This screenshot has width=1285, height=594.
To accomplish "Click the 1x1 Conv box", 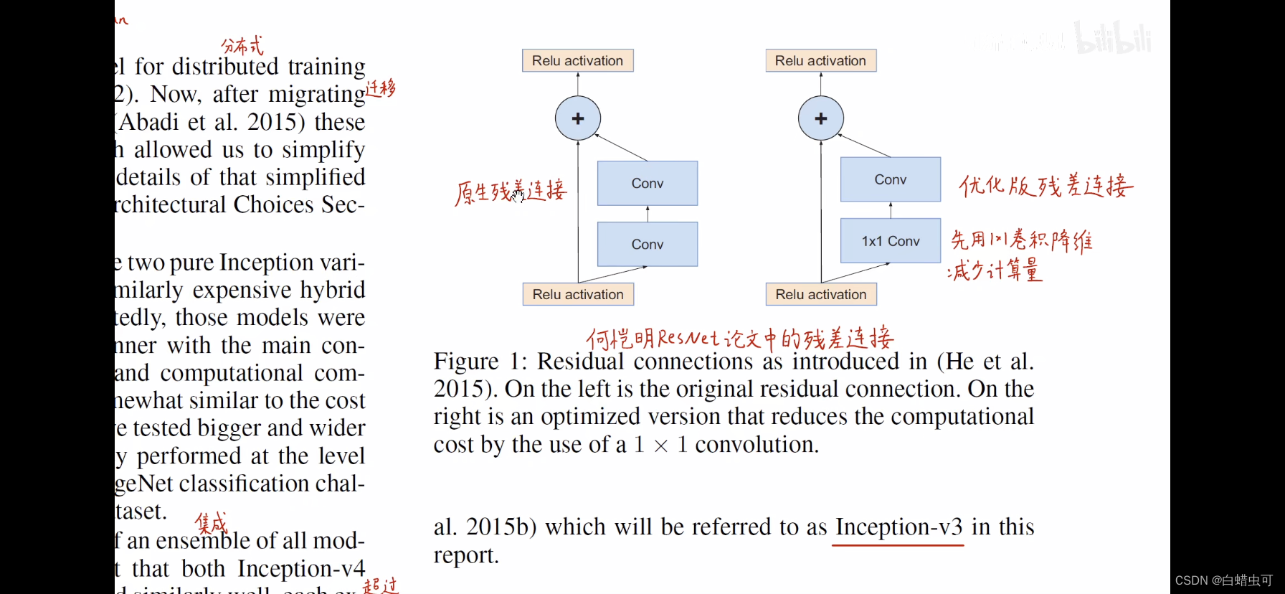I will coord(890,241).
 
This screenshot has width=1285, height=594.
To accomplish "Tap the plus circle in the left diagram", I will coord(578,118).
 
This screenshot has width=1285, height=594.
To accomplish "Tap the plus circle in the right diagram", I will coord(821,118).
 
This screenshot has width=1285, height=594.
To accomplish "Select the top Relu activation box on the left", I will coord(577,61).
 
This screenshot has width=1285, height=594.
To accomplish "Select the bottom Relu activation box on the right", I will coord(821,294).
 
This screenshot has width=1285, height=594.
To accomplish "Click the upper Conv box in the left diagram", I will coord(647,184).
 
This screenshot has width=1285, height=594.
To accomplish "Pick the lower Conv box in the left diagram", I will coord(647,245).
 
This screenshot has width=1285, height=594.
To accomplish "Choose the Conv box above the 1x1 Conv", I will coord(890,179).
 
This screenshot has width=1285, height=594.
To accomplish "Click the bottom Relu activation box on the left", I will coord(578,294).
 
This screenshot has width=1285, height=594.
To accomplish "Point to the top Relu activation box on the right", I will coord(820,61).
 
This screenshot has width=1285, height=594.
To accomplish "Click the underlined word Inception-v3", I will coord(898,527).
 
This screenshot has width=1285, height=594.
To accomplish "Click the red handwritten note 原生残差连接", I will coord(511,192).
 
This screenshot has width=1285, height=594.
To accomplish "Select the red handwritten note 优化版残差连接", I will coord(1045,187).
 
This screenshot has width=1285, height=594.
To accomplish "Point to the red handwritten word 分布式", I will coord(242,47).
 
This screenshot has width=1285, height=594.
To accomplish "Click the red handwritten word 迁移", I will coord(381,89).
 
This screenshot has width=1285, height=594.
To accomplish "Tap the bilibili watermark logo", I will coord(1113,39).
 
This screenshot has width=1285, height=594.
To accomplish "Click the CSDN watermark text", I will coord(1223,580).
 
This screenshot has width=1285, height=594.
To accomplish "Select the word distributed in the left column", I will coord(224,67).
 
